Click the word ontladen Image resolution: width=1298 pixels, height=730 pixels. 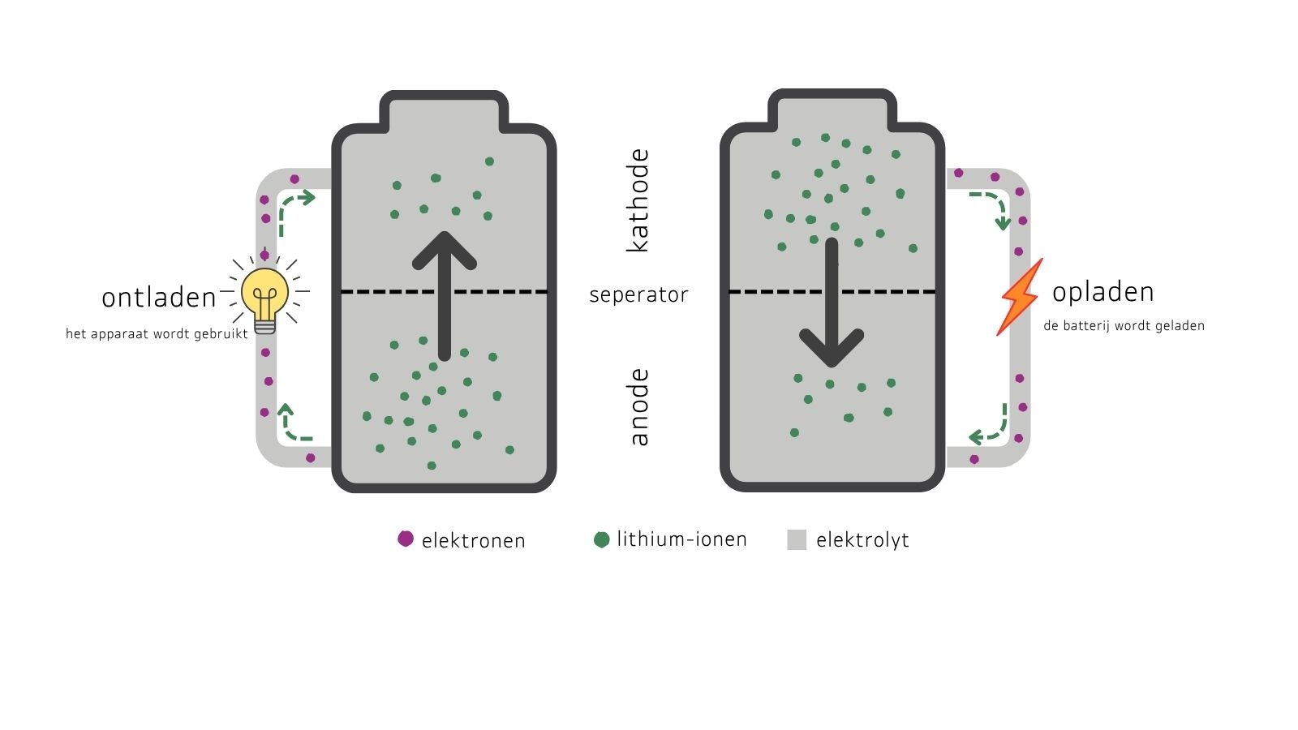click(159, 298)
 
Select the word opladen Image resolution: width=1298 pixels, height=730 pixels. click(1102, 292)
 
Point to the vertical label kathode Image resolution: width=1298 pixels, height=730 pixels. click(638, 200)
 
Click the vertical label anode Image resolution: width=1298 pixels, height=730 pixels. click(638, 406)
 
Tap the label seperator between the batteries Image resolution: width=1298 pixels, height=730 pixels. click(638, 295)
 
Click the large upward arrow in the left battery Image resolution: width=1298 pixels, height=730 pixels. click(445, 296)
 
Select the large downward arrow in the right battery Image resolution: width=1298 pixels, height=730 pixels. click(832, 303)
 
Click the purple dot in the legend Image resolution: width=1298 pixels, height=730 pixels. click(406, 539)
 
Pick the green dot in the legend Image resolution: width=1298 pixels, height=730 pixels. click(602, 540)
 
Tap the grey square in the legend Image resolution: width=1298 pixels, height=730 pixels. click(797, 539)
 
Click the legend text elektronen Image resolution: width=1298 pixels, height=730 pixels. click(474, 540)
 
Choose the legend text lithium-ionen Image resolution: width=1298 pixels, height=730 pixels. click(681, 539)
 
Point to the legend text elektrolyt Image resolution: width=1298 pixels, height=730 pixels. click(862, 540)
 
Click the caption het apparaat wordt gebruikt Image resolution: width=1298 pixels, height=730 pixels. click(157, 333)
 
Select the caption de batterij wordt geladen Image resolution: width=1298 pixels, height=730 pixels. click(1124, 325)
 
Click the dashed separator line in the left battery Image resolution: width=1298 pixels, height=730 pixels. click(445, 291)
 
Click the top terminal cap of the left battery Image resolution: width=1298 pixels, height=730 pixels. click(444, 110)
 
